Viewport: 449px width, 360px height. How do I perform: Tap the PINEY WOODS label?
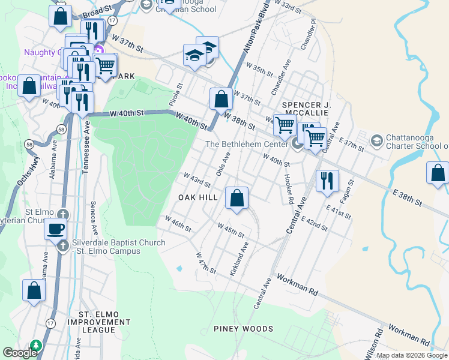[243, 329]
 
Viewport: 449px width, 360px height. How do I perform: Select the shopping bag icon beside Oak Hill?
[237, 197]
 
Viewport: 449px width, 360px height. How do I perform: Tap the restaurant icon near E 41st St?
[327, 181]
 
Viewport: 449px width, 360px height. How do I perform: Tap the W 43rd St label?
[194, 179]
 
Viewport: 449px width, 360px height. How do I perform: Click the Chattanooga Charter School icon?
[376, 140]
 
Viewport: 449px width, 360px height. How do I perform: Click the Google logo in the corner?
[20, 353]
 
